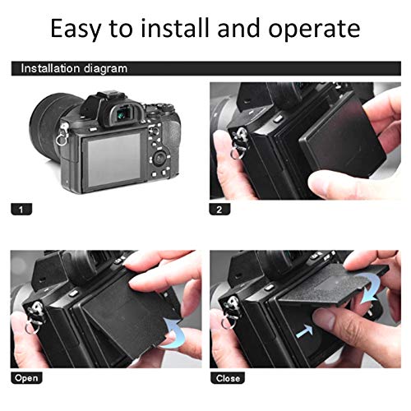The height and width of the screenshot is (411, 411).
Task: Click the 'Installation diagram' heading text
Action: (74, 68)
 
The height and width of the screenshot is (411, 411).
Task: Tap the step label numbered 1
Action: (21, 210)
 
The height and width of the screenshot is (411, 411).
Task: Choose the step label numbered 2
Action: (219, 210)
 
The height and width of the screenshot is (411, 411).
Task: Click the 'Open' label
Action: (26, 378)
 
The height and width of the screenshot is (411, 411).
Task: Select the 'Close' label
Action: (228, 378)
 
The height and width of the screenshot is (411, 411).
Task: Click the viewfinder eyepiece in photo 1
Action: (125, 115)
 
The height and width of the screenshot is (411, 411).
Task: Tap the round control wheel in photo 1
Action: (159, 159)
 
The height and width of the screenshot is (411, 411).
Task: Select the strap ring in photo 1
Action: (61, 141)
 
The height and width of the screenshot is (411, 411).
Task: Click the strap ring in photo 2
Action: (238, 153)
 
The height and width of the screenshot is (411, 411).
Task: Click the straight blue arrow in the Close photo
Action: (304, 331)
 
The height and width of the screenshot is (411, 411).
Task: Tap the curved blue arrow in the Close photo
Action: (371, 289)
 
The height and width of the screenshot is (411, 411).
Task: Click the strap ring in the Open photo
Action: (32, 329)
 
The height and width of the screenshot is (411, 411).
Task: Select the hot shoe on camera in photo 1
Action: (109, 96)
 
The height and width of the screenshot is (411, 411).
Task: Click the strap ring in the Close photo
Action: (229, 323)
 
